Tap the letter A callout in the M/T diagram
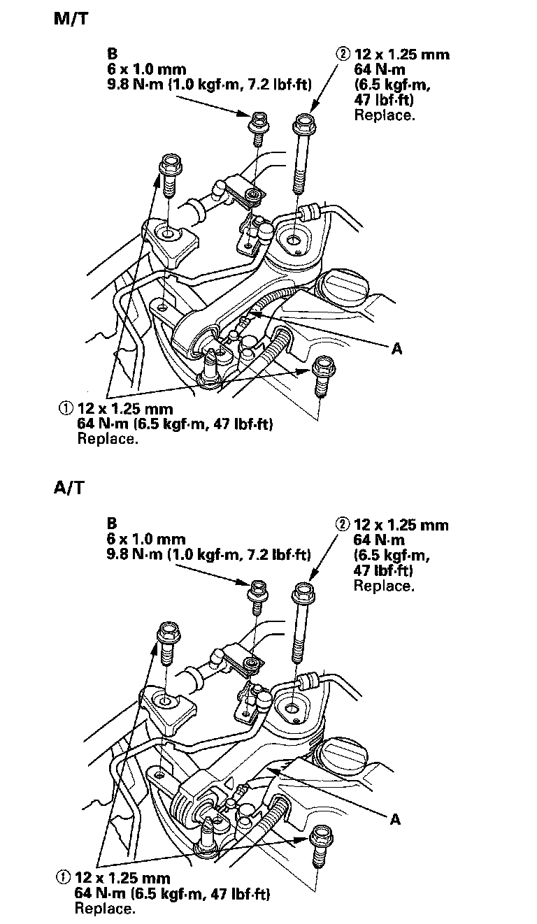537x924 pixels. [396, 348]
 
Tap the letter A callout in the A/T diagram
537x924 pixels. [395, 820]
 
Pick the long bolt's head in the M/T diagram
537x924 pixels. [304, 126]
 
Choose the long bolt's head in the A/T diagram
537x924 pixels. [303, 594]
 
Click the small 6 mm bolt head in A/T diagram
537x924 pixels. [256, 588]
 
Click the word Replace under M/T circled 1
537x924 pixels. [107, 440]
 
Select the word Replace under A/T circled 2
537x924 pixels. [383, 586]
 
